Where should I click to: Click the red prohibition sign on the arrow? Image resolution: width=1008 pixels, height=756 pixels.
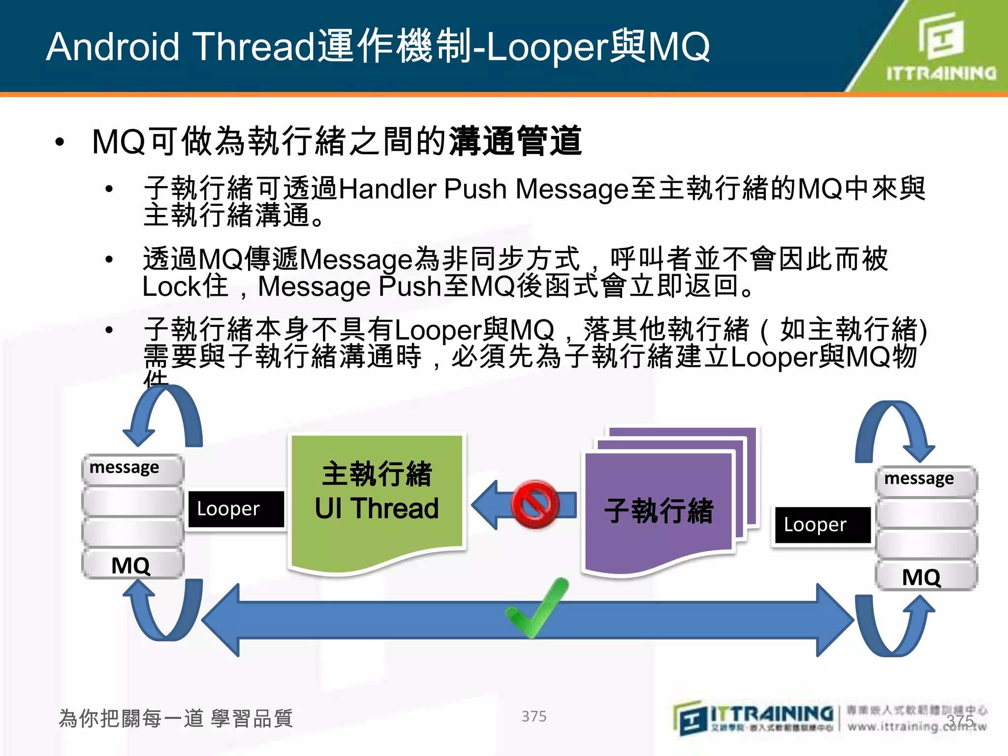[535, 504]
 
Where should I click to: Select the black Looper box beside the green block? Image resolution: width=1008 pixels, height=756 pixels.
[236, 509]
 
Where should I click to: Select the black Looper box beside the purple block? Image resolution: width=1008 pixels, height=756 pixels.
[821, 525]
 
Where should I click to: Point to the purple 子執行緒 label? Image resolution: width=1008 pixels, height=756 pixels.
[659, 511]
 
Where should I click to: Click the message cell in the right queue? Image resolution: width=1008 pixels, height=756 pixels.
[925, 479]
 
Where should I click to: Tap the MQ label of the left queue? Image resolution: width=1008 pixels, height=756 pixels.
[131, 565]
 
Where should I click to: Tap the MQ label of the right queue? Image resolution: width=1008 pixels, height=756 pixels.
[921, 577]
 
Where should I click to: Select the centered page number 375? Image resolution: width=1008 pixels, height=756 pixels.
[534, 716]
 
